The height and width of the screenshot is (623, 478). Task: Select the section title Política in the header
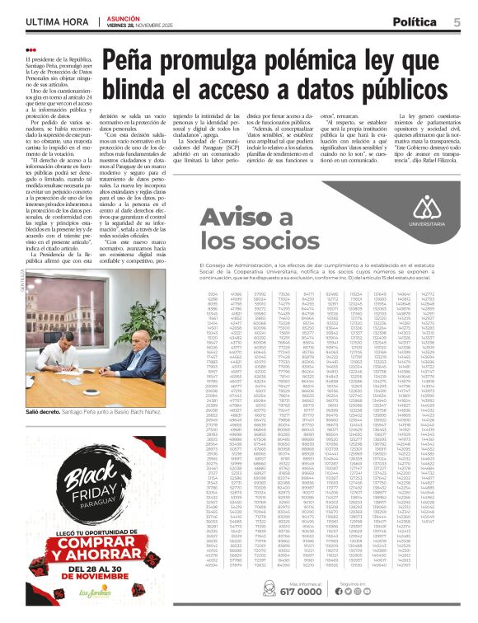(415, 22)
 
